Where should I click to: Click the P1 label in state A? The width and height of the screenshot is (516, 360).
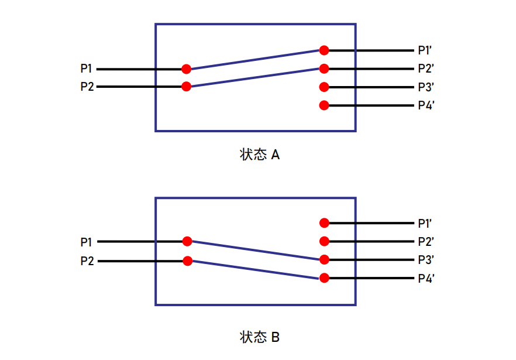(86, 68)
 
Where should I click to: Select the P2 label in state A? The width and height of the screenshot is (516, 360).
(87, 87)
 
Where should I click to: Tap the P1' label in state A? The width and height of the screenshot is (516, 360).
(425, 50)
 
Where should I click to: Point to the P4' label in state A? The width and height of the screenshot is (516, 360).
(426, 105)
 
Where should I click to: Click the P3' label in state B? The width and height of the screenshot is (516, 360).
(426, 260)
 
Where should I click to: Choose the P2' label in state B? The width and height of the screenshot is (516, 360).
(426, 241)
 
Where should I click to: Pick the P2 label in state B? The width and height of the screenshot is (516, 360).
(87, 261)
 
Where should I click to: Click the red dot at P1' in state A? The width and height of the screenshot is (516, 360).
(324, 50)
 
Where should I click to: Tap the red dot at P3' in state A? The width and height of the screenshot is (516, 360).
(324, 87)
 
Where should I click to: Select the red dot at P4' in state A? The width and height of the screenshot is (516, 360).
(324, 105)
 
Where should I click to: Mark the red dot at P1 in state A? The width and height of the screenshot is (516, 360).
(186, 69)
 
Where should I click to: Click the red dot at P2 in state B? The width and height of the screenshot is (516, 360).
(188, 261)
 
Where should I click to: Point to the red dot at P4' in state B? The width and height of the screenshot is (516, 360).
(324, 278)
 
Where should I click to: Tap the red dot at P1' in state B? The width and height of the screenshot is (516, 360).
(324, 223)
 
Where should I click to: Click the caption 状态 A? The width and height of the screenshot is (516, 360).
(260, 155)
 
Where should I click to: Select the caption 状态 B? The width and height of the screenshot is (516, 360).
(260, 337)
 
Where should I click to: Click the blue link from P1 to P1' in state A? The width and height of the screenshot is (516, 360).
(255, 60)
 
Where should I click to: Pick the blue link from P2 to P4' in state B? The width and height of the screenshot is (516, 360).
(255, 270)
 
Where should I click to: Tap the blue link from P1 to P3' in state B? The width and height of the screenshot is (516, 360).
(255, 251)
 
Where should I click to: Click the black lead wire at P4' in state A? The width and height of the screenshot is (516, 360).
(371, 105)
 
